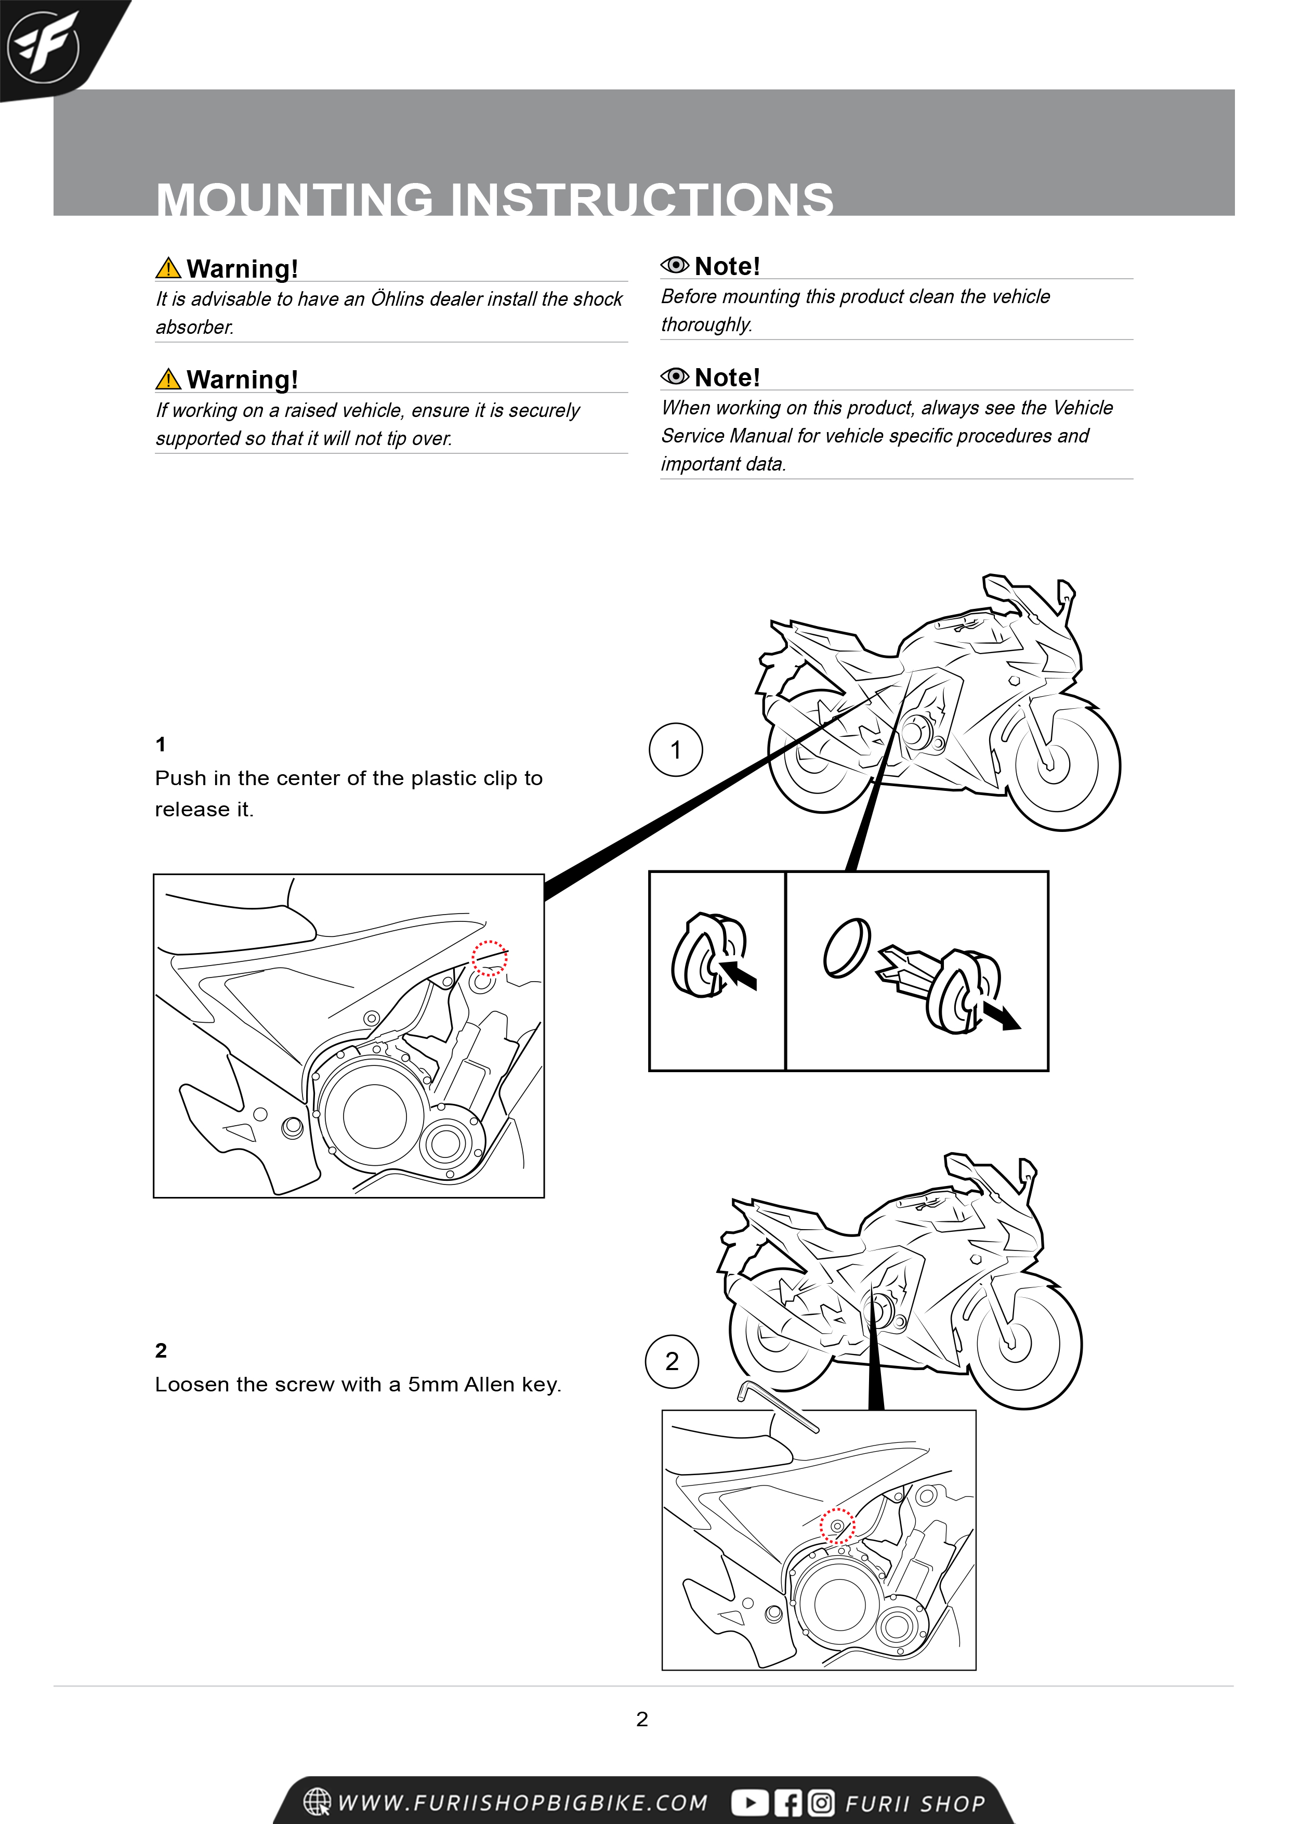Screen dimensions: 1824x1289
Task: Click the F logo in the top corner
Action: tap(43, 47)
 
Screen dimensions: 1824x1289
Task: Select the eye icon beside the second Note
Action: tap(674, 376)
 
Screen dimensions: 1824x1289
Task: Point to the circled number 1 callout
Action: tap(675, 749)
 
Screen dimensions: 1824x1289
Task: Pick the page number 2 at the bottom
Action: tap(642, 1718)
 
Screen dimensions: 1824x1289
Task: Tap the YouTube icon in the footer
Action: tap(749, 1803)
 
